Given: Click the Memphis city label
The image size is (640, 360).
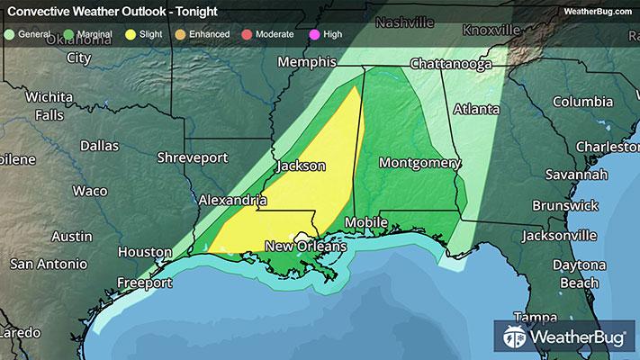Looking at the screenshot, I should (306, 63).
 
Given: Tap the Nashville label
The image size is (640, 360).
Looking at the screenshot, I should (404, 22).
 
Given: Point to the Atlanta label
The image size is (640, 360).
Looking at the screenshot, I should (476, 109).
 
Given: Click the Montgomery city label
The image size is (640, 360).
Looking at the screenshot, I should (419, 163).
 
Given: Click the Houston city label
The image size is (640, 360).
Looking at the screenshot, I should (144, 251).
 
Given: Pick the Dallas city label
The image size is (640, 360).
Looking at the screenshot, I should (99, 145).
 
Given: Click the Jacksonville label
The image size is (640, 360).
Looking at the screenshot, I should (559, 236).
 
